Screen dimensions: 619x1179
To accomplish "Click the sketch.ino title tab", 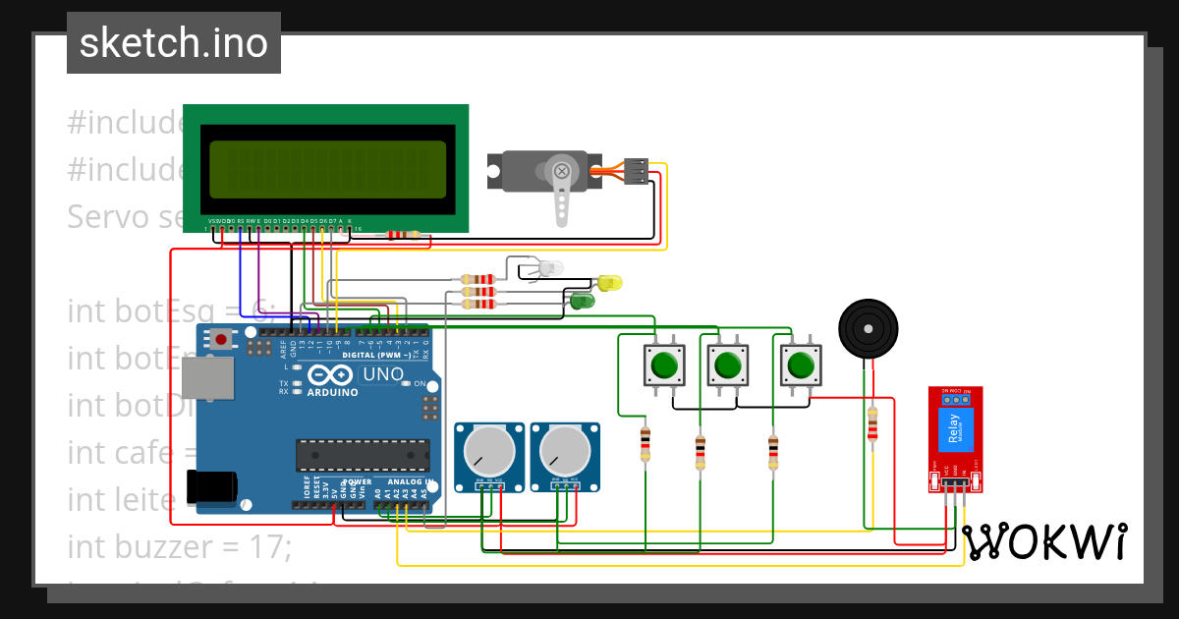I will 173,43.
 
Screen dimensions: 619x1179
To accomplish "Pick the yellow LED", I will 608,283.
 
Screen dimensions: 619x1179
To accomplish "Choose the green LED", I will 583,300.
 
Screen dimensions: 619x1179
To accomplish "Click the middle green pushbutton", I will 727,366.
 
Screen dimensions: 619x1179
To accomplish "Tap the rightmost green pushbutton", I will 800,366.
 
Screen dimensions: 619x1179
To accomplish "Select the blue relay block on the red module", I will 951,430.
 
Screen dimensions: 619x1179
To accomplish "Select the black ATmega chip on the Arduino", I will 363,455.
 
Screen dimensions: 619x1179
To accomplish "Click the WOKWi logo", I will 1045,541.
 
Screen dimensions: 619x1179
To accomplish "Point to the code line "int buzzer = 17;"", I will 179,545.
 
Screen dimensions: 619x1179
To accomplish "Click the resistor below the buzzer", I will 871,425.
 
